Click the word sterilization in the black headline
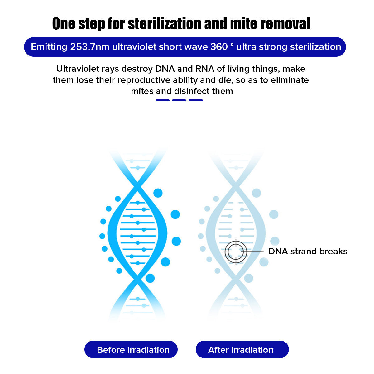pyautogui.click(x=165, y=24)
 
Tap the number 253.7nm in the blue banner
pyautogui.click(x=90, y=47)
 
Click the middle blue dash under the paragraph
pyautogui.click(x=179, y=100)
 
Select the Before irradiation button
pyautogui.click(x=131, y=349)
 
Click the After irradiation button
pyautogui.click(x=242, y=349)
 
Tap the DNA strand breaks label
pyautogui.click(x=308, y=251)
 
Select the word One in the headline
pyautogui.click(x=64, y=24)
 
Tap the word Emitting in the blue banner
pyautogui.click(x=49, y=47)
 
